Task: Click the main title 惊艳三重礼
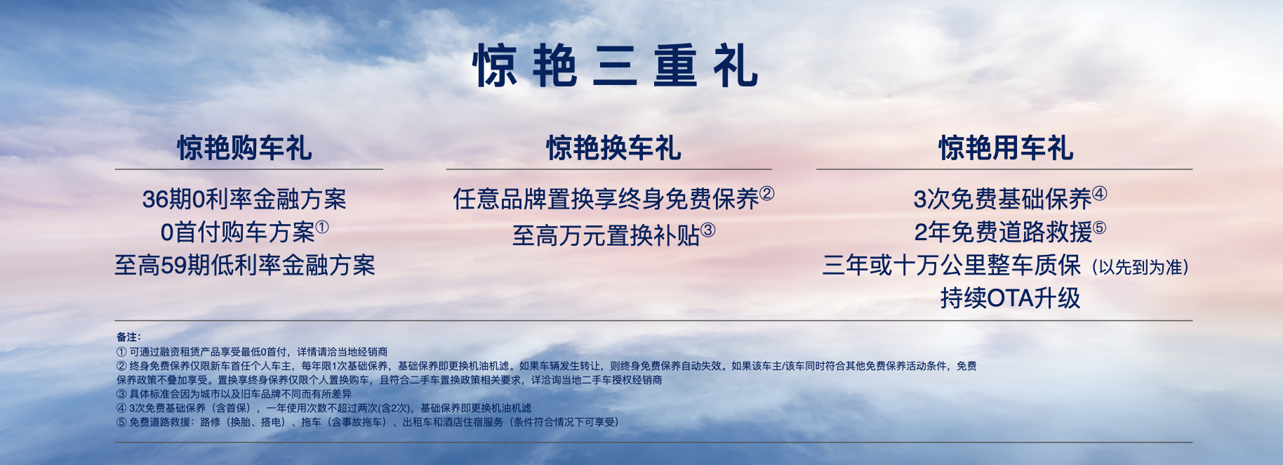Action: [616, 66]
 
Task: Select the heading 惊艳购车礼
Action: [244, 148]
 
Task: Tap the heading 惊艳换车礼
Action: [614, 148]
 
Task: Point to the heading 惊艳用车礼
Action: [1006, 148]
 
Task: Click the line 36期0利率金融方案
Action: [244, 199]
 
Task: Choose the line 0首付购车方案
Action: [237, 232]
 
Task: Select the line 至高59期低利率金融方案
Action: [245, 266]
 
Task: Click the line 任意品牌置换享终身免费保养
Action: [606, 199]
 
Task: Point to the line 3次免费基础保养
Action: [1003, 199]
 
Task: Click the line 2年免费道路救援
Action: [1003, 232]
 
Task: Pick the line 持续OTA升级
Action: [1010, 299]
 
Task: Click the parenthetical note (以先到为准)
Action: [1140, 267]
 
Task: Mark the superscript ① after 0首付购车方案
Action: [322, 227]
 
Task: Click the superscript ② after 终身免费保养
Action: [767, 193]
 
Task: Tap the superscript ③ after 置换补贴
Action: [708, 230]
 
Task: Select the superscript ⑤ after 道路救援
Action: [1100, 227]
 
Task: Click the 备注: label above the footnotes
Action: [128, 337]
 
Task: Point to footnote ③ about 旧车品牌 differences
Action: [234, 394]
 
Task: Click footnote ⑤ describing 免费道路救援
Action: [368, 422]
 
